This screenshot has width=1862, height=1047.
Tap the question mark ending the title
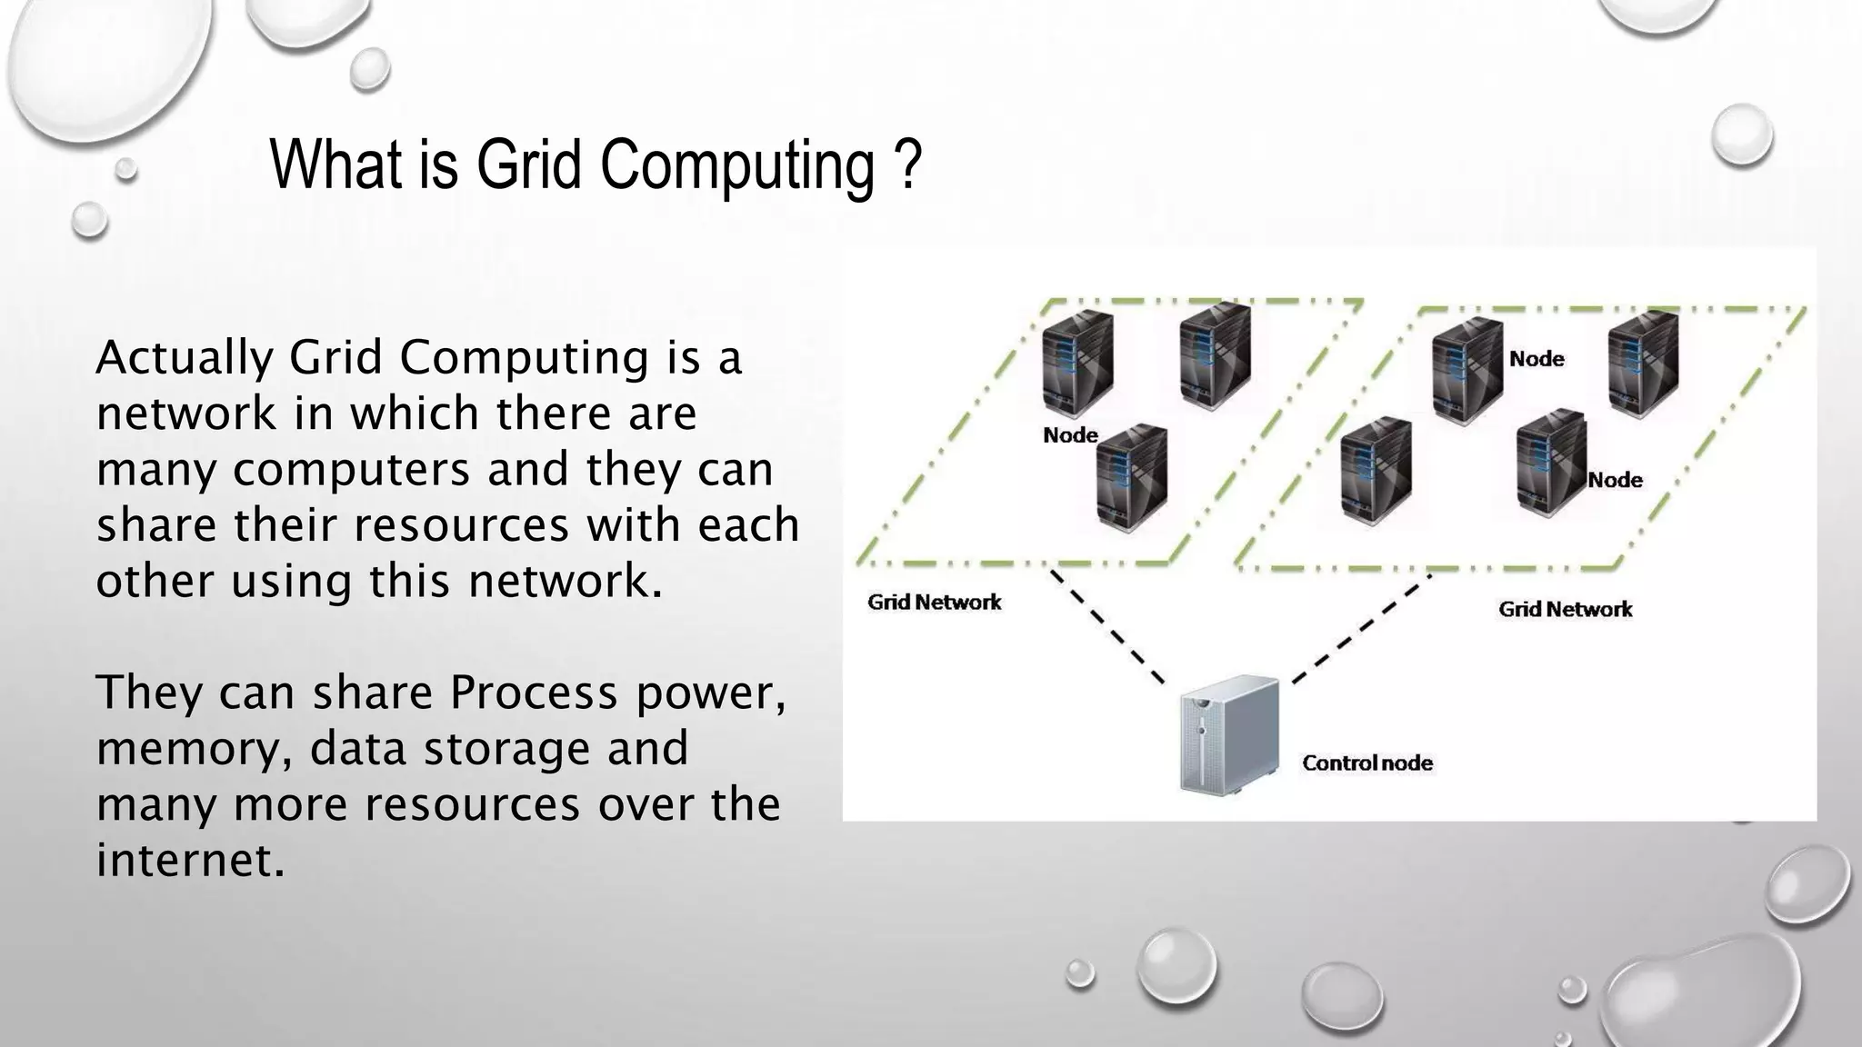coord(908,165)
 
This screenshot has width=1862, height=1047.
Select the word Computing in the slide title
coord(736,166)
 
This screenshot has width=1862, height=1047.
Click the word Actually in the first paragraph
coord(184,357)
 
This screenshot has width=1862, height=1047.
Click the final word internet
coord(190,861)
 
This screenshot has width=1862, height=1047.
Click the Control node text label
coord(1367,763)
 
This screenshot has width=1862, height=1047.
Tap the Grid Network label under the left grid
coord(935,603)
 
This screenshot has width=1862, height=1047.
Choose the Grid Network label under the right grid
coord(1566,610)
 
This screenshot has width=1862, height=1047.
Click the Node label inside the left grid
coord(1070,436)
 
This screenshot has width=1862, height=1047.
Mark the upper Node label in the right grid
coord(1537,360)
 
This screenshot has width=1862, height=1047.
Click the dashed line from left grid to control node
coord(1109,627)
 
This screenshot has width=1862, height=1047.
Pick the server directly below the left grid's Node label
coord(1131,479)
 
